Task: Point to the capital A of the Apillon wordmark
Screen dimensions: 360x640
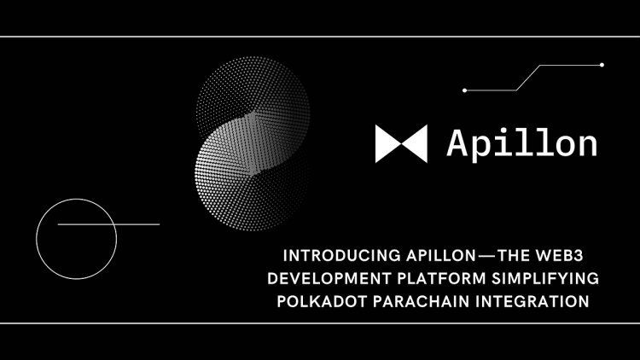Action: click(458, 143)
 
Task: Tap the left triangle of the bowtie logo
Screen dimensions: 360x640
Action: click(387, 144)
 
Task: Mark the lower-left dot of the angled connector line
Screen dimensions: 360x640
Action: click(464, 90)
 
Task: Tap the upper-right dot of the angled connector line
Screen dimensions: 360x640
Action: click(602, 65)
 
